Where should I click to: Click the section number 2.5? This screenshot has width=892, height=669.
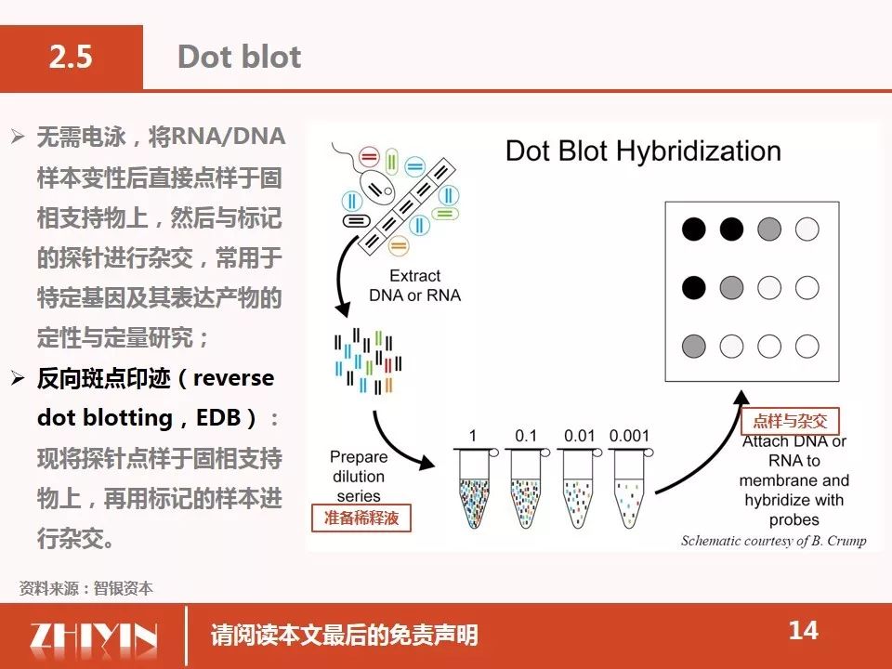71,57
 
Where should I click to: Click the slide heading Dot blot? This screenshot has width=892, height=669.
240,57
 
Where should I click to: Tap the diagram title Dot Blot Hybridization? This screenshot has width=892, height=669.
643,151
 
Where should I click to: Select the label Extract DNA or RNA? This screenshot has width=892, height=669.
414,285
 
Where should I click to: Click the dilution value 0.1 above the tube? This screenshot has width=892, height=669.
526,436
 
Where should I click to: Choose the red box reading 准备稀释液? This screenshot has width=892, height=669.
361,518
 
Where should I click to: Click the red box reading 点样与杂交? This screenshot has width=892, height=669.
790,421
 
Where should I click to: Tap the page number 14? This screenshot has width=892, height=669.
803,630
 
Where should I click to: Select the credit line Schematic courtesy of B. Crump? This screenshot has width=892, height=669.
774,541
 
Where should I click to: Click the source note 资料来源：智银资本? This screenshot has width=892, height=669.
85,588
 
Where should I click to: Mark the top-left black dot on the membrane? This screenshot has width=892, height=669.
693,230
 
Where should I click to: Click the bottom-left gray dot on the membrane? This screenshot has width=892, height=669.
693,346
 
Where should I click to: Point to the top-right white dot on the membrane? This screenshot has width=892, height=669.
807,230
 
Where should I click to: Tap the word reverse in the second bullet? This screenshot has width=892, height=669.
234,378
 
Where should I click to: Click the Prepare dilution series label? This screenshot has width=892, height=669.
359,476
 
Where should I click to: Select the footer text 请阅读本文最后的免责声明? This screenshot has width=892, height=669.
344,636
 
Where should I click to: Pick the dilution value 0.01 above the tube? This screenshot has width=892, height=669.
579,436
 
